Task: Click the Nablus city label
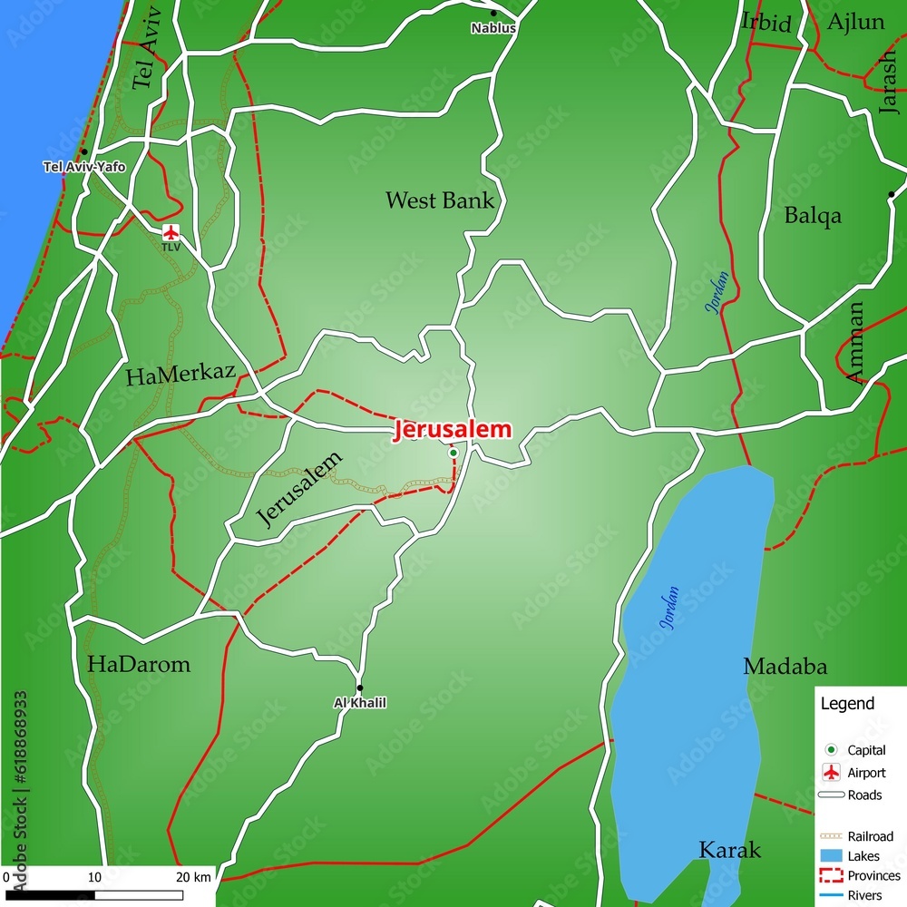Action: (493, 28)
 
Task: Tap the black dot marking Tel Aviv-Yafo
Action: (83, 152)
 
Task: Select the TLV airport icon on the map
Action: (171, 232)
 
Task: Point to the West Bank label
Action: (440, 200)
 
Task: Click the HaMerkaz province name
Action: (180, 375)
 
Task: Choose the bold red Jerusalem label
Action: (452, 431)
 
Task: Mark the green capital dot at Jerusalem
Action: (453, 453)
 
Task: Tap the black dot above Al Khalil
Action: (359, 688)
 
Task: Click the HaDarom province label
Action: (139, 664)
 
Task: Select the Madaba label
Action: (785, 667)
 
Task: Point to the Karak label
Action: (729, 850)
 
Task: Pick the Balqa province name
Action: (813, 216)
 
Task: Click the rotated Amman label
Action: (855, 343)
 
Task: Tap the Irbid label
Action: (766, 23)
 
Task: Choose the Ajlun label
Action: (856, 22)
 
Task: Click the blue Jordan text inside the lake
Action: (669, 610)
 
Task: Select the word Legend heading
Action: (847, 704)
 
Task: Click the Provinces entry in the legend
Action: (873, 875)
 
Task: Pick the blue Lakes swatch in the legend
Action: (830, 856)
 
